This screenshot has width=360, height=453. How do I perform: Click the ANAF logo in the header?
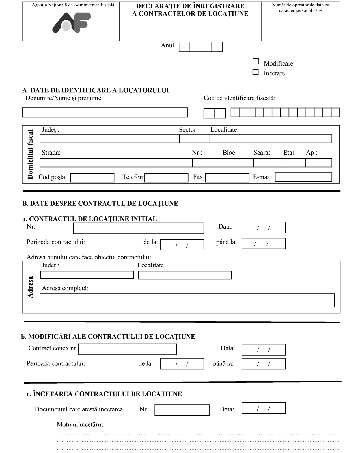point(72,23)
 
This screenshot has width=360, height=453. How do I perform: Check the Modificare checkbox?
point(256,62)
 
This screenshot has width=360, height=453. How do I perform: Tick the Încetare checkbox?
point(255,72)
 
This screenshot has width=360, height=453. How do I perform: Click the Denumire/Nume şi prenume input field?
point(105,112)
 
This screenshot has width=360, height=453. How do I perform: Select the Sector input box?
point(195,139)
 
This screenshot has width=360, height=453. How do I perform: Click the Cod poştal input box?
point(92,178)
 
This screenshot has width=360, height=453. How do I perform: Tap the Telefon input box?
point(166,178)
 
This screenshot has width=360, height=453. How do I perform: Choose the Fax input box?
point(227,178)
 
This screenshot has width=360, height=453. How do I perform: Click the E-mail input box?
point(303,177)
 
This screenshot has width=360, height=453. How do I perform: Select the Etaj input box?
point(295,163)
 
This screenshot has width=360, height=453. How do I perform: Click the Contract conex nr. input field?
point(128,349)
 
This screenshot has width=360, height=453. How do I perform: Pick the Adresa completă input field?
point(187,300)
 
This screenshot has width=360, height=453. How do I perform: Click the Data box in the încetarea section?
point(263,408)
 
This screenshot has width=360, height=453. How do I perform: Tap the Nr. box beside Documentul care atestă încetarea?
point(182,410)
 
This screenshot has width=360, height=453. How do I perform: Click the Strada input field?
point(116,163)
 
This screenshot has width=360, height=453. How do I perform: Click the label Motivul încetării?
point(80,424)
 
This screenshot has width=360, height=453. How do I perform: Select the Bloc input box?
point(238,163)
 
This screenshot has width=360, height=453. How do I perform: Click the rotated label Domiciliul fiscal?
point(30,154)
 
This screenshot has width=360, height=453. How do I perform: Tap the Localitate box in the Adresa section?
point(185,275)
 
